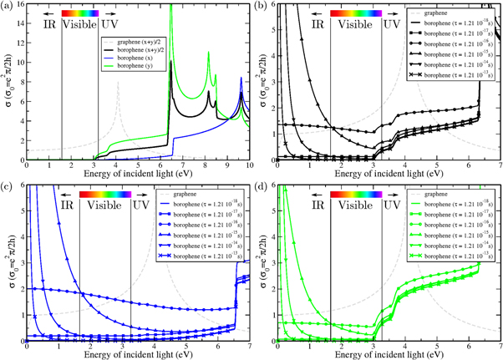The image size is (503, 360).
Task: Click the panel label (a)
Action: (x=7, y=6)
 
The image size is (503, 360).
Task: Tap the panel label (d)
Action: (x=262, y=186)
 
